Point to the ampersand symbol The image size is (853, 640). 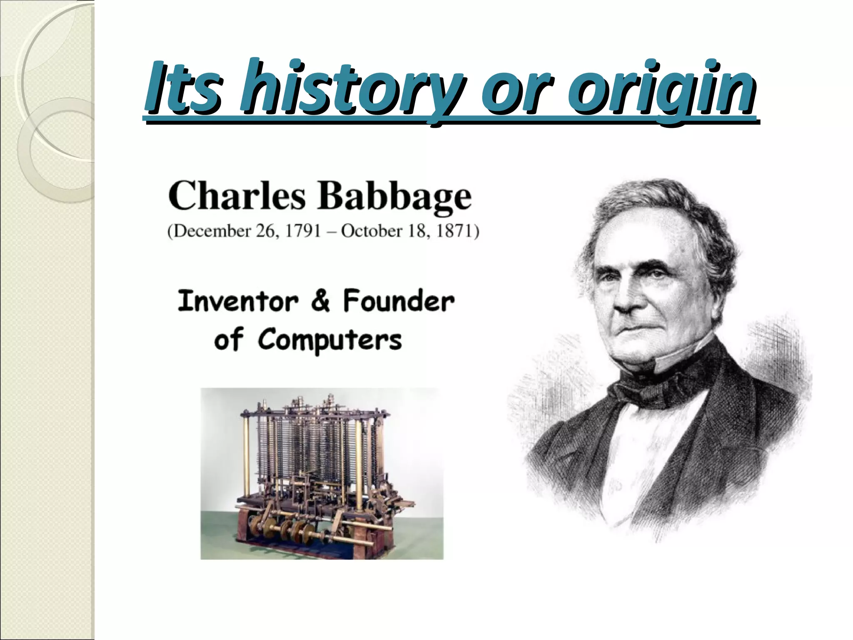tap(320, 301)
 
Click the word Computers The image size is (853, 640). tap(329, 340)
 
